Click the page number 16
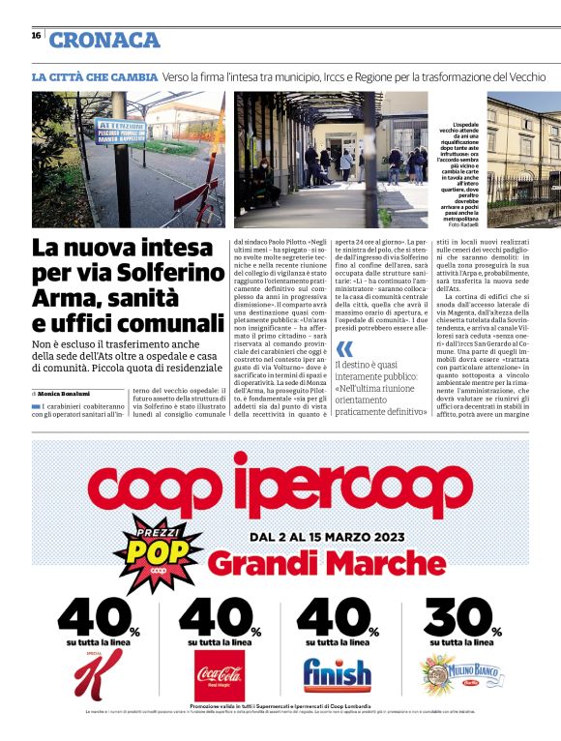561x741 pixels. (36, 35)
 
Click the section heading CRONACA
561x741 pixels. (104, 40)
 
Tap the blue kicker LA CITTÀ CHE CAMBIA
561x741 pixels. (94, 76)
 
